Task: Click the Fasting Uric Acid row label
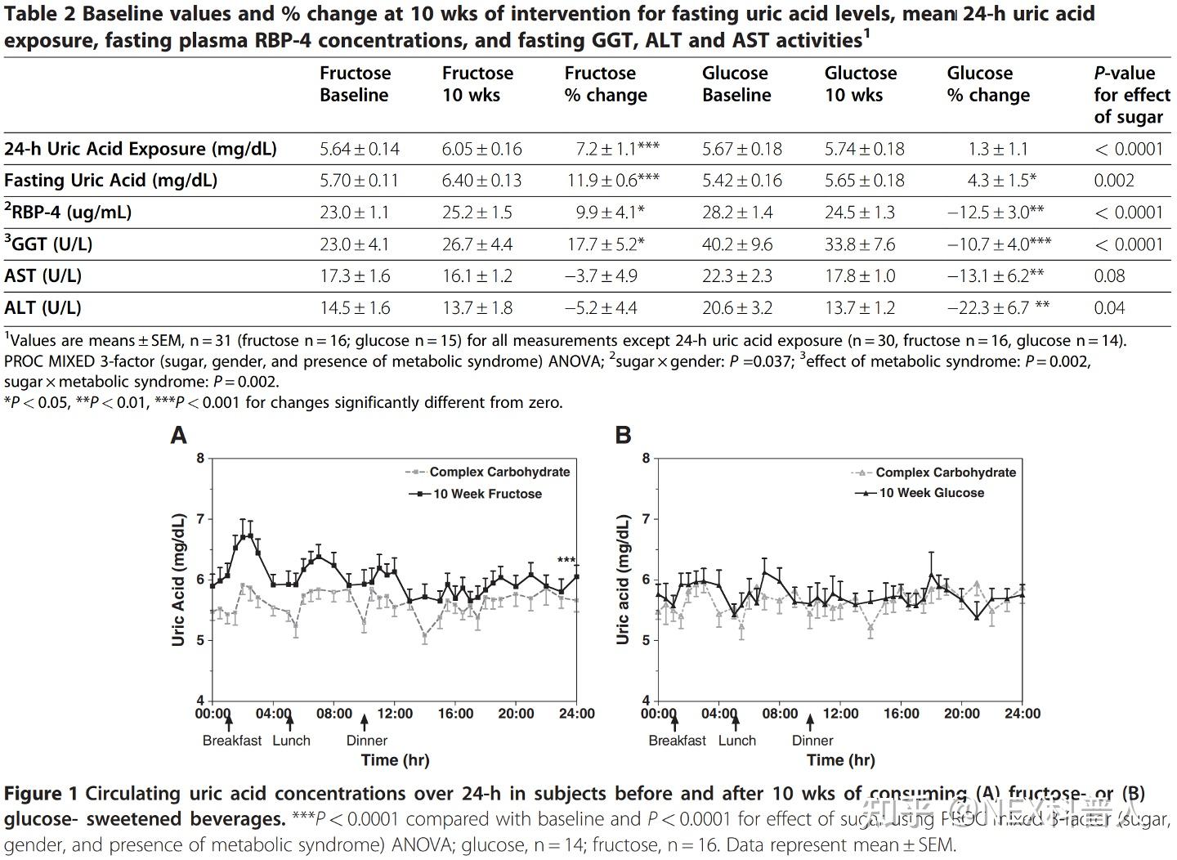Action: [x=110, y=181]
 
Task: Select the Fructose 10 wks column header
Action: [x=477, y=84]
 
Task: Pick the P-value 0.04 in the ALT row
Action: [x=1109, y=308]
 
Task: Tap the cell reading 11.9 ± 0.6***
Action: [x=613, y=181]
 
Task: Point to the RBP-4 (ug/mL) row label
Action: [x=68, y=213]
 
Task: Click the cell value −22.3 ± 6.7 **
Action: [x=998, y=308]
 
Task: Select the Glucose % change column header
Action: [x=987, y=84]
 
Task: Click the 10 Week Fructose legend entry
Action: [x=486, y=494]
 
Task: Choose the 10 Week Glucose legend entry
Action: [x=931, y=493]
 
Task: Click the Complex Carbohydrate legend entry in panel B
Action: [x=945, y=473]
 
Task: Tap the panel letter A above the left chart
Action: [x=178, y=435]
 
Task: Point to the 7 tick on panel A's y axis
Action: [x=200, y=519]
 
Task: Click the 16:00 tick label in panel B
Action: [x=901, y=714]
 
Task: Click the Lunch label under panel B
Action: [x=736, y=741]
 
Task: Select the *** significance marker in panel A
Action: [x=566, y=561]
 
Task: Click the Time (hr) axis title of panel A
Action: [x=395, y=760]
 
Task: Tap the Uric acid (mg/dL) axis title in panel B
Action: [x=623, y=579]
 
